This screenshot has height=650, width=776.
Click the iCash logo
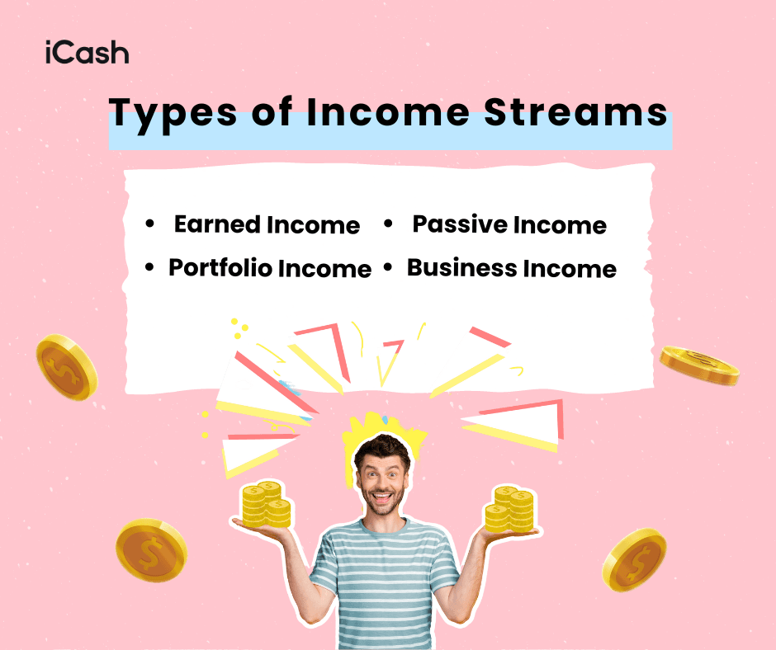87,54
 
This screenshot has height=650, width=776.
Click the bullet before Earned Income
149,224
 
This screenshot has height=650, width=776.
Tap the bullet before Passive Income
388,224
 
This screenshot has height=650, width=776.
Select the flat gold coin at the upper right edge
698,365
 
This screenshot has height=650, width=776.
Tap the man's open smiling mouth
382,498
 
